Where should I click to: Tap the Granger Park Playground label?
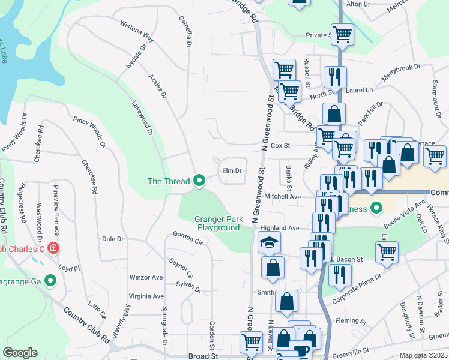tap(218, 223)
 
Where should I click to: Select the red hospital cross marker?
tap(53, 248)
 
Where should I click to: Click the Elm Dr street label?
tap(232, 171)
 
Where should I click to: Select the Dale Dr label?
tap(113, 239)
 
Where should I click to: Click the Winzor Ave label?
tap(146, 278)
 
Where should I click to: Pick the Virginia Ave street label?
tap(146, 296)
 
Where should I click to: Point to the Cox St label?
tap(280, 145)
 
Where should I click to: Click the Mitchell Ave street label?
tap(282, 196)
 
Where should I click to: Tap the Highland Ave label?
tap(279, 228)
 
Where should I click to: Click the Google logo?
tap(20, 353)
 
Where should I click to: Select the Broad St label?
tap(203, 356)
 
